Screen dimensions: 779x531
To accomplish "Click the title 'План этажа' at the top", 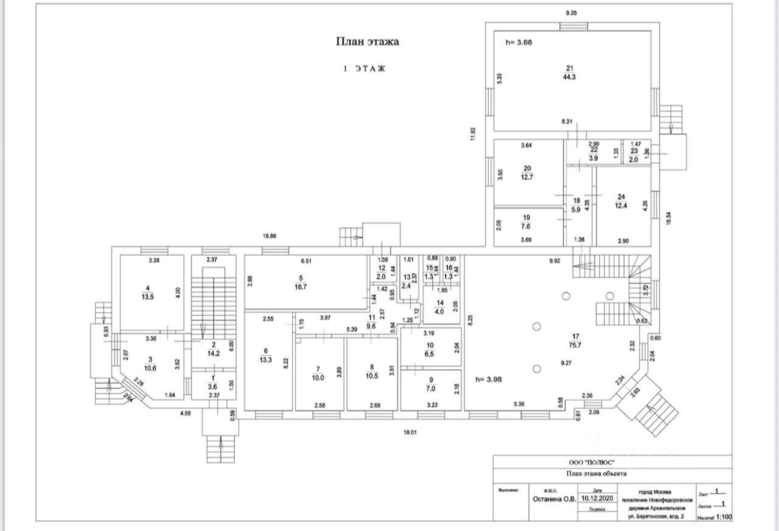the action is click(x=368, y=41).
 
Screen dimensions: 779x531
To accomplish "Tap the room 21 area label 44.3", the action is click(x=570, y=77).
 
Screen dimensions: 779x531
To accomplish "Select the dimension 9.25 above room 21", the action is click(x=571, y=13).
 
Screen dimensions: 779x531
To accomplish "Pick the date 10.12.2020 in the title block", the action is click(x=599, y=497).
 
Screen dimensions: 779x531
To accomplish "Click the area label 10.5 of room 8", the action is click(x=372, y=376).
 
